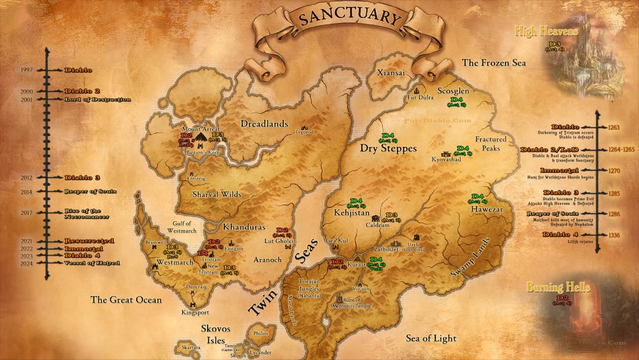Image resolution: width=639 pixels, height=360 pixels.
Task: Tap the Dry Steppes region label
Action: click(x=389, y=148)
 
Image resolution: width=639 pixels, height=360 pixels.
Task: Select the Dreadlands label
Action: click(x=264, y=123)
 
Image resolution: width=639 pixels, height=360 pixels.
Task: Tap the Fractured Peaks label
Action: click(x=491, y=143)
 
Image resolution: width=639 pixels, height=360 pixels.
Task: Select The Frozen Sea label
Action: click(x=494, y=63)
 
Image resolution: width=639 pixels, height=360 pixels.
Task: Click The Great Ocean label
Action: click(x=126, y=299)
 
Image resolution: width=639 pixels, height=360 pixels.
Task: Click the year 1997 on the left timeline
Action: click(x=27, y=70)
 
